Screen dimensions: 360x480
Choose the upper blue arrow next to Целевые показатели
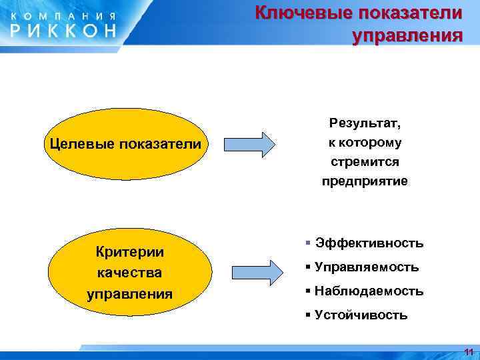pos(249,144)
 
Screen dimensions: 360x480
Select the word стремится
pos(365,162)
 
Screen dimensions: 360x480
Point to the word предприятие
pos(365,181)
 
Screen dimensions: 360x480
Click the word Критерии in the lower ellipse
pos(130,252)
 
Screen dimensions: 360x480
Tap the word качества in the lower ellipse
pos(130,273)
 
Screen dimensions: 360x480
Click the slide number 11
pos(468,351)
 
